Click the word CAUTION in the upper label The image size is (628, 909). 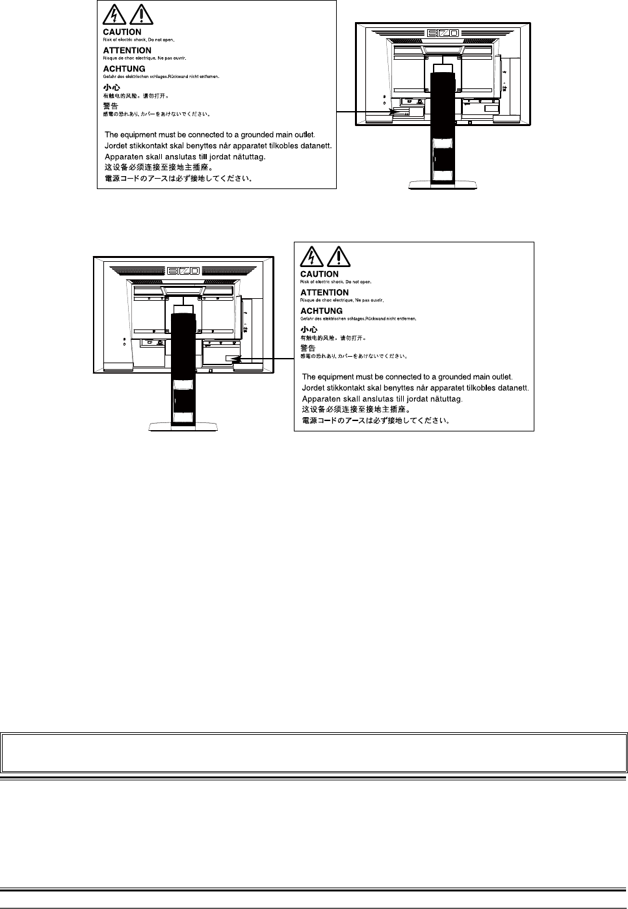[x=122, y=32]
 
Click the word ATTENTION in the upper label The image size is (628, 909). [x=127, y=50]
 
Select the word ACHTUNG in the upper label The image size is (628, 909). [x=124, y=69]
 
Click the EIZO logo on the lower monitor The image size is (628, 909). [x=183, y=269]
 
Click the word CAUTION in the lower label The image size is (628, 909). [x=319, y=274]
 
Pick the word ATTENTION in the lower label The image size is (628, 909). [x=324, y=292]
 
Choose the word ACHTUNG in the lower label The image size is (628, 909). [x=321, y=311]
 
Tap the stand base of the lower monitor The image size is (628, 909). [x=183, y=426]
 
